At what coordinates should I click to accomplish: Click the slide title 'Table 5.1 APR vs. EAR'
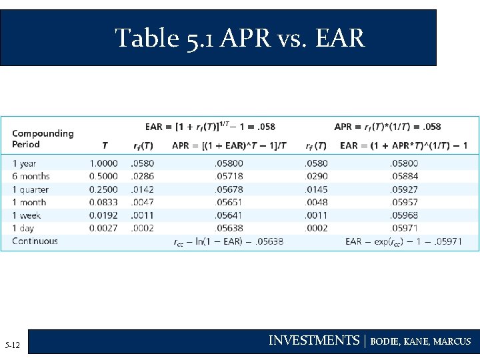point(240,38)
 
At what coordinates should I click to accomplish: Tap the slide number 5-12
point(12,345)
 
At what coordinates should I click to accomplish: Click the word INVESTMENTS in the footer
point(313,341)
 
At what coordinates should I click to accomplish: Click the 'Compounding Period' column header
point(43,139)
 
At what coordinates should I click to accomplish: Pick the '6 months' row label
point(31,176)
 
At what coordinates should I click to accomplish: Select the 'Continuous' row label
point(35,241)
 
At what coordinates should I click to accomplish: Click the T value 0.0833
point(103,202)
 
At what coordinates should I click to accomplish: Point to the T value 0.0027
point(103,228)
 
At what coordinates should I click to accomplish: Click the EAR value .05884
point(404,176)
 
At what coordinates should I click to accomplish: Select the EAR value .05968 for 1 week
point(404,215)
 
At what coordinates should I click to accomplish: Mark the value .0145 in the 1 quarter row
point(316,189)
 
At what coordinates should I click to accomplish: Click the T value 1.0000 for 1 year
point(103,163)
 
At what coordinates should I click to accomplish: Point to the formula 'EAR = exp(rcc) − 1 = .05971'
point(403,241)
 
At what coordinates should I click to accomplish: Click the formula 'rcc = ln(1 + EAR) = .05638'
point(228,241)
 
